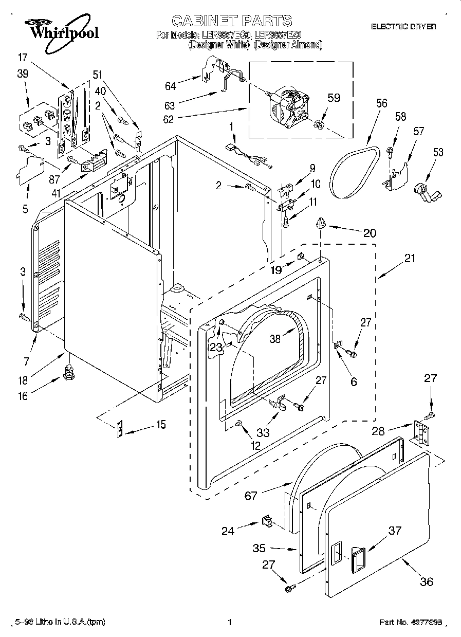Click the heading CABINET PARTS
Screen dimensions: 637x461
click(x=231, y=21)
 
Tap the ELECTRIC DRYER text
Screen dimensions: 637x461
click(x=403, y=26)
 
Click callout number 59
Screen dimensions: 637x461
click(x=334, y=98)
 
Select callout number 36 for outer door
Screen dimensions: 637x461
click(x=426, y=581)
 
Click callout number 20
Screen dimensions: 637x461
click(x=369, y=232)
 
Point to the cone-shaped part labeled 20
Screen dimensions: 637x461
click(x=321, y=223)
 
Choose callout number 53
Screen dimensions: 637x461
click(x=437, y=152)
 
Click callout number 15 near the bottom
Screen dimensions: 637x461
click(x=161, y=425)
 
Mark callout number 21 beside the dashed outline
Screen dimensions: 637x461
click(x=409, y=259)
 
